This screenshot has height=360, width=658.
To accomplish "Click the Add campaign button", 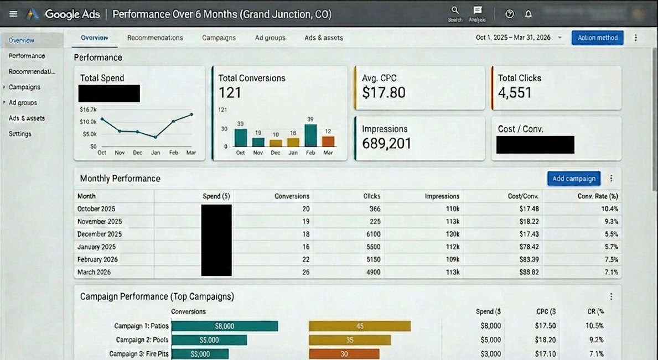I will (x=574, y=179).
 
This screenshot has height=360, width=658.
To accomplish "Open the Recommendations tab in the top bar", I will (x=155, y=38).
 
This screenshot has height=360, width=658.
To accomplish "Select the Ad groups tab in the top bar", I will (x=270, y=38).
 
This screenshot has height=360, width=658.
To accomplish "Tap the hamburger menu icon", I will (x=13, y=14).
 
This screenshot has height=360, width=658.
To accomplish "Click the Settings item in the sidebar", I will (x=20, y=134).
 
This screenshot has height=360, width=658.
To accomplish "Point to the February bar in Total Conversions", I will (x=310, y=135).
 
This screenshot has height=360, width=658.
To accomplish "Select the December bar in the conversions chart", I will (x=276, y=143).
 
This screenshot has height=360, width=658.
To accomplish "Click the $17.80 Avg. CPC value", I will (x=384, y=93).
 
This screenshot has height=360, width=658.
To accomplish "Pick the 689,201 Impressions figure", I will (x=386, y=144).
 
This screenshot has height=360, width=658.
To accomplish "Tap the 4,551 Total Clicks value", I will (x=515, y=93).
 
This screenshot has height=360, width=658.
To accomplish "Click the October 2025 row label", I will (x=96, y=209).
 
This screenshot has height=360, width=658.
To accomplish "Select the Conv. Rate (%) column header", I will (x=598, y=196).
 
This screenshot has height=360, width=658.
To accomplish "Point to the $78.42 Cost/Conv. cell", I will (x=527, y=247).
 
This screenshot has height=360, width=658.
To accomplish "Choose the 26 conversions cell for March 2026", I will (x=305, y=272).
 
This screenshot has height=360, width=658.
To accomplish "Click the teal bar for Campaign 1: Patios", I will (x=224, y=326).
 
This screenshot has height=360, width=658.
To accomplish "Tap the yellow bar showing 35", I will (x=350, y=340).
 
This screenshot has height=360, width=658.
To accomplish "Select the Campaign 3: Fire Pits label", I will (x=138, y=354).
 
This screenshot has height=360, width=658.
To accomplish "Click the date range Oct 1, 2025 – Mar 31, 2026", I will (x=513, y=38).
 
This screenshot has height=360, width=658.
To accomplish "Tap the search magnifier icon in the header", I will (x=455, y=11).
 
